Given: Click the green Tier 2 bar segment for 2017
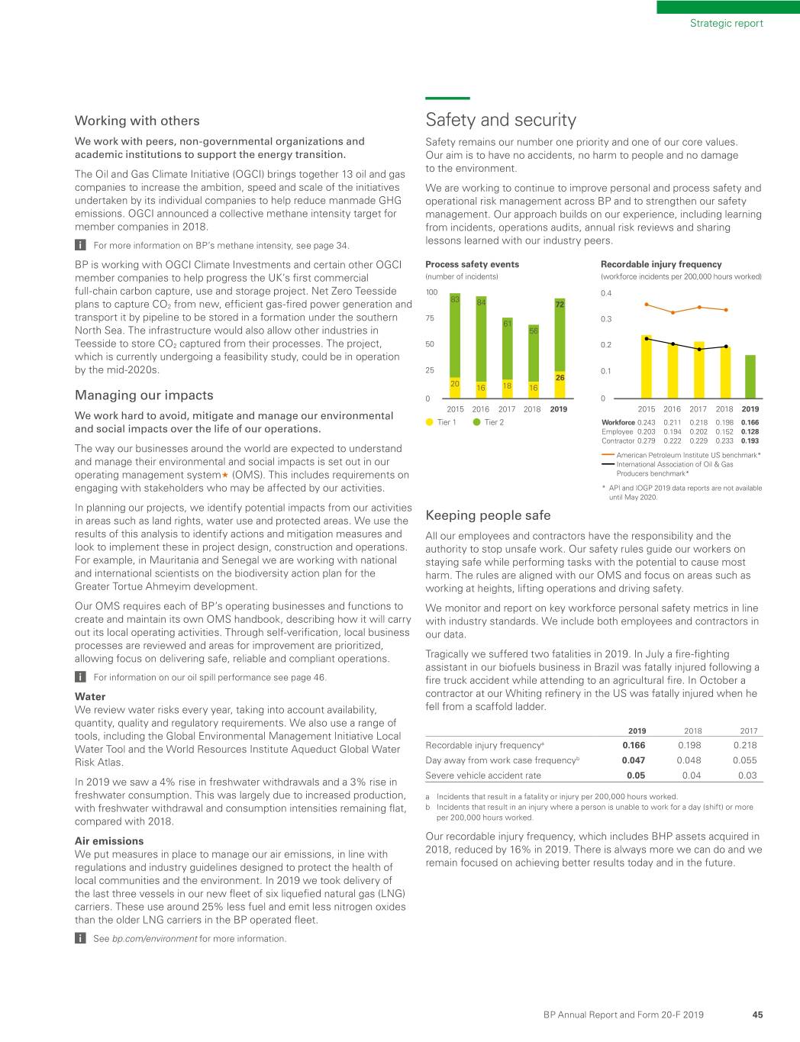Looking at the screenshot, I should (507, 348).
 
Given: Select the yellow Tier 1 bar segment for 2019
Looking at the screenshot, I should (560, 384).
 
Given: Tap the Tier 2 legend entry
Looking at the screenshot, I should (488, 422).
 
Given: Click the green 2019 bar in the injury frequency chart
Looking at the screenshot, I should (750, 376).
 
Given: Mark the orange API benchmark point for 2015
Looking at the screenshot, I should (647, 304).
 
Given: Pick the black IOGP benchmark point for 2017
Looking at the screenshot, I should (699, 349).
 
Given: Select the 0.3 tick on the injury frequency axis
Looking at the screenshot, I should (606, 319).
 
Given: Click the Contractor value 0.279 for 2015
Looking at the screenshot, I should (646, 440).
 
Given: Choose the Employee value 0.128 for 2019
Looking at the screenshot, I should (750, 431).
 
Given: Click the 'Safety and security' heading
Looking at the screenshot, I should (500, 120).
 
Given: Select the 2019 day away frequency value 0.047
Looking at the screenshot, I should (634, 760).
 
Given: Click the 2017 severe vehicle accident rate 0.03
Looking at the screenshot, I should (747, 776).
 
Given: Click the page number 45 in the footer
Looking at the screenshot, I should (757, 1015).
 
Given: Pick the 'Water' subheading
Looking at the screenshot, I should (90, 696).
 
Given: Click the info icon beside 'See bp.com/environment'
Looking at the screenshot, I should (79, 938).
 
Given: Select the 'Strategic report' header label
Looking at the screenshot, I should (726, 23).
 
